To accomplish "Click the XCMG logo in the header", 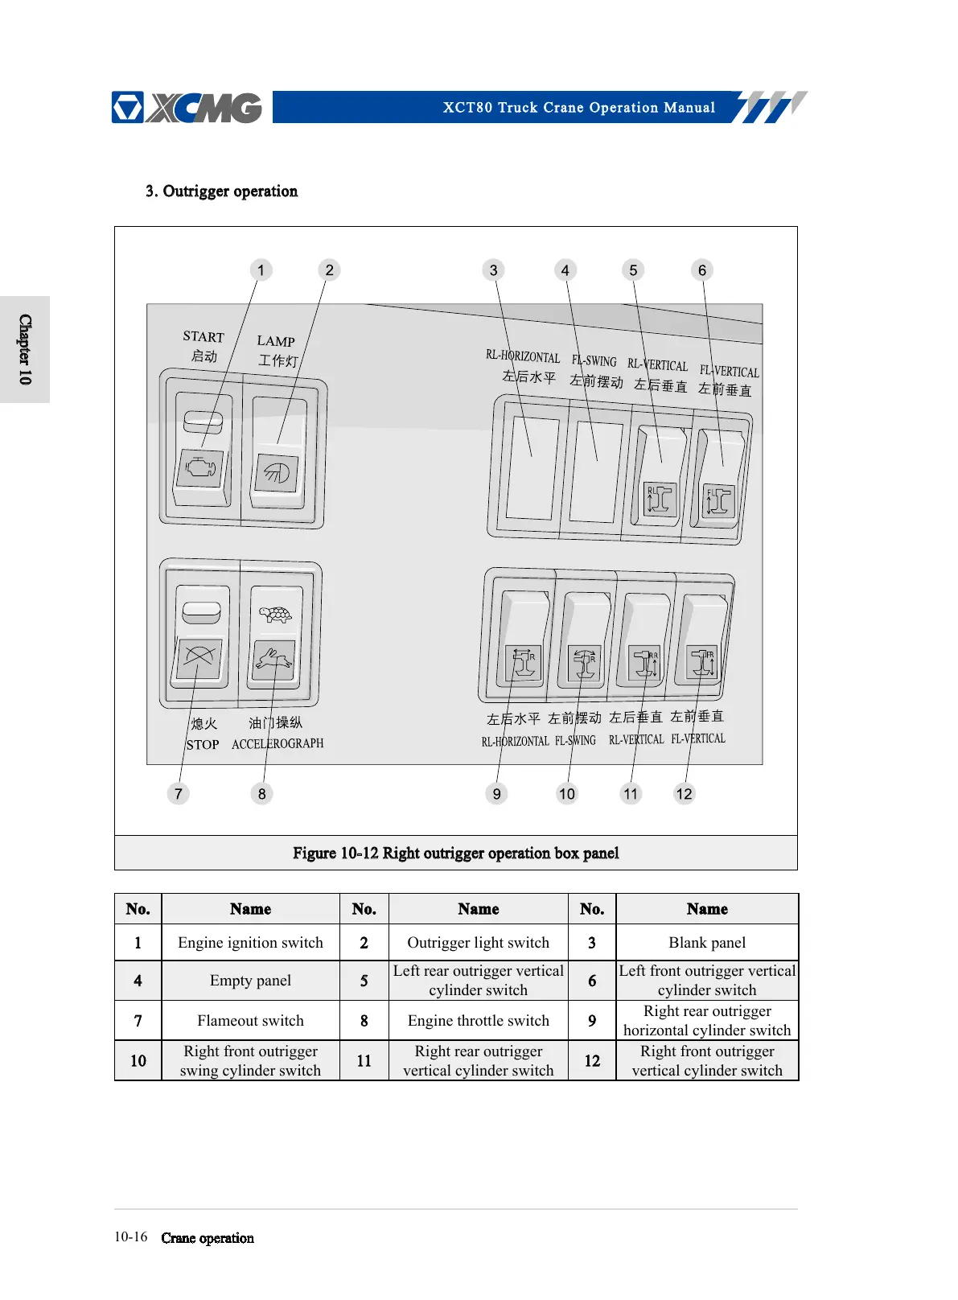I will [187, 108].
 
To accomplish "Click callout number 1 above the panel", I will [261, 270].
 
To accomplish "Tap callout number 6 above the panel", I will [702, 270].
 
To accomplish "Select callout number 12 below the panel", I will [684, 794].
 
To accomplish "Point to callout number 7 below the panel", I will [179, 794].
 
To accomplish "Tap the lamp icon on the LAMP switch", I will [277, 471].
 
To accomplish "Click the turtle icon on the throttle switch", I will [276, 615].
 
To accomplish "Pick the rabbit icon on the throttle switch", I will [274, 659].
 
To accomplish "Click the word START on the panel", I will [204, 337].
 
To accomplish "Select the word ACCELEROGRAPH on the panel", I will [278, 744].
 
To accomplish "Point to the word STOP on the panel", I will [203, 745].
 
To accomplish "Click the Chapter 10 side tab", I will [25, 349].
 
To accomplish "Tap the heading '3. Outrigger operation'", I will [222, 191].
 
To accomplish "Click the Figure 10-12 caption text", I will [456, 854].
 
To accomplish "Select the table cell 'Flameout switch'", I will [250, 1021].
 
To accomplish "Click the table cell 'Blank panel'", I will [707, 943].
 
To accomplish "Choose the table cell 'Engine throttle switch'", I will [479, 1021].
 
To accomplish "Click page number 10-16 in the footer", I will [131, 1237].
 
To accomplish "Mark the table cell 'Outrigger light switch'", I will [479, 943].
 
